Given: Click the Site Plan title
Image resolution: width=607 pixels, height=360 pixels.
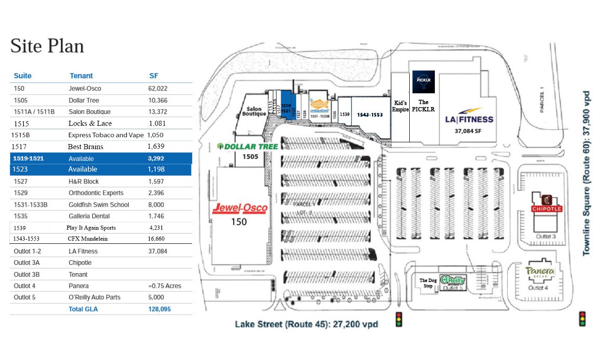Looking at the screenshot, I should [47, 46].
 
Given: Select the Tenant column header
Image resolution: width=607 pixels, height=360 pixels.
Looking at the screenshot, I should [81, 76].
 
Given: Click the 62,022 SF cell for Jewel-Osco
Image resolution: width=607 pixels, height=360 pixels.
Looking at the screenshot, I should [157, 88].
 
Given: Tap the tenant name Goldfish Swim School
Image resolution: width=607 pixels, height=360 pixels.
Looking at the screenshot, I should [99, 204].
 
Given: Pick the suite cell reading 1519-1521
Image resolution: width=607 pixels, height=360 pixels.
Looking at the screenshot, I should [29, 158].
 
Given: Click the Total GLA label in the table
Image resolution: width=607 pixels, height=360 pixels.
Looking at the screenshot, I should [83, 309].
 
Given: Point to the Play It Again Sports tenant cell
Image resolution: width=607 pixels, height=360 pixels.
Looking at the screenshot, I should [91, 227].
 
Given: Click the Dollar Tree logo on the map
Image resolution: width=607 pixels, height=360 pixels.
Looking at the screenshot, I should [248, 146].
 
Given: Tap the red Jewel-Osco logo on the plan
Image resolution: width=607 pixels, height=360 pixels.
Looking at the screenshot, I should [240, 209].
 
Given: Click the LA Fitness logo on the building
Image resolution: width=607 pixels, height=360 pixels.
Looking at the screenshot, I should [469, 117].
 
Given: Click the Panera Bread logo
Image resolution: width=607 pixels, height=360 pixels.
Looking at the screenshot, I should [540, 272].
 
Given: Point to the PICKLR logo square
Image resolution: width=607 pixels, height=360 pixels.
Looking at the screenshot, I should [423, 82].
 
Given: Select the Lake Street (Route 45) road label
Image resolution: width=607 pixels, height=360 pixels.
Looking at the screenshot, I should [306, 324].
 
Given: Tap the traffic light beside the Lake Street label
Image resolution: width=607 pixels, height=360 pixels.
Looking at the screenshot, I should [399, 319].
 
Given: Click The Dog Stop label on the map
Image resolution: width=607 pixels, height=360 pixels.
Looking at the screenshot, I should [428, 283].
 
